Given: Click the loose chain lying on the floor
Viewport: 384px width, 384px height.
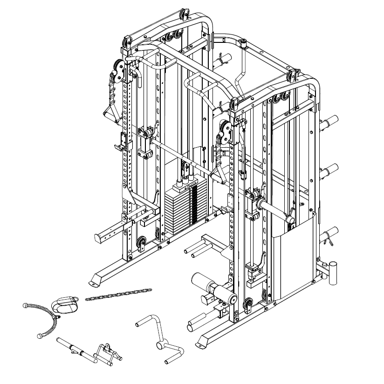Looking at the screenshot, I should coord(118,295).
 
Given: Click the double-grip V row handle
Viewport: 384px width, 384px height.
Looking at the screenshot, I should coord(108,352).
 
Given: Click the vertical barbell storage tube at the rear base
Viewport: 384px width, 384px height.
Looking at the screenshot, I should coord(334,273).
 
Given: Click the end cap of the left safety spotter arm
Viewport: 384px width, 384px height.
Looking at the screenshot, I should coord(99,238).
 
